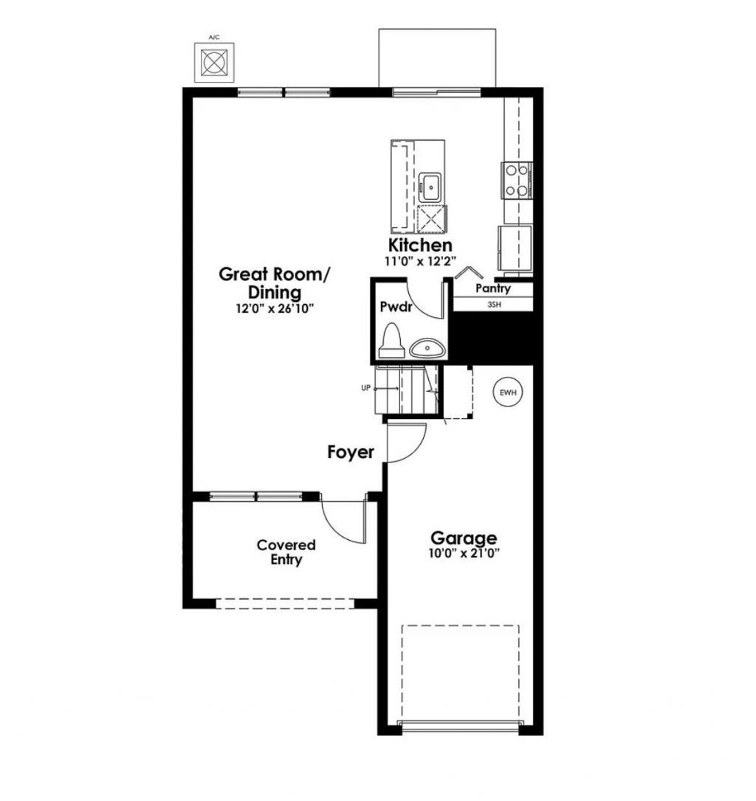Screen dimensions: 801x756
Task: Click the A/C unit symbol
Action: (214, 62)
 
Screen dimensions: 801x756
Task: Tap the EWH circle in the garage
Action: (507, 392)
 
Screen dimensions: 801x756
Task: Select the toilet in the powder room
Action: (391, 341)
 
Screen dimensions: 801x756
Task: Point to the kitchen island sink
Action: (430, 187)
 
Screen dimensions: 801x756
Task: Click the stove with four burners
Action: (517, 180)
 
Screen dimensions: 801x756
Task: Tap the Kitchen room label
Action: (421, 245)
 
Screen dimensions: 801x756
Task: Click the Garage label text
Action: (464, 538)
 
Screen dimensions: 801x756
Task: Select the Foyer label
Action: (351, 452)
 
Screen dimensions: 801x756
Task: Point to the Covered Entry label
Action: (286, 552)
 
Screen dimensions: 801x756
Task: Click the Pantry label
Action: (493, 288)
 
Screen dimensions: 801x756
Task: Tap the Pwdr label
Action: (395, 306)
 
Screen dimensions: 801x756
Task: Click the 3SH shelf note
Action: (494, 304)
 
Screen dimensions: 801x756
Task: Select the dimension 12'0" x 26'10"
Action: (275, 309)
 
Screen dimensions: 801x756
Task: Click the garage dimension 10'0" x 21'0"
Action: (464, 553)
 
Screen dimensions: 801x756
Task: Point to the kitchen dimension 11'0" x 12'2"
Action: (421, 260)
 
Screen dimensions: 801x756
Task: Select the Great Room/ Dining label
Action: (275, 283)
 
